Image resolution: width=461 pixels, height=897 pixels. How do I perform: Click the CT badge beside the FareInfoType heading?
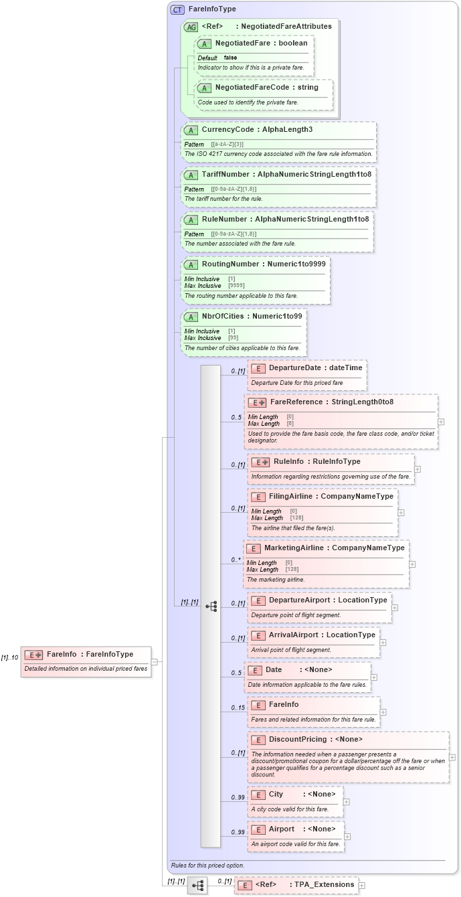pyautogui.click(x=177, y=9)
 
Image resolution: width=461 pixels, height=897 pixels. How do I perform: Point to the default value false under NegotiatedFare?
pyautogui.click(x=230, y=58)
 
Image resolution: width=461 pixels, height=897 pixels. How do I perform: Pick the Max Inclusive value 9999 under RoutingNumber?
pyautogui.click(x=232, y=286)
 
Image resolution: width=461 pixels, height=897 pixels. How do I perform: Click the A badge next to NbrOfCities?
pyautogui.click(x=191, y=317)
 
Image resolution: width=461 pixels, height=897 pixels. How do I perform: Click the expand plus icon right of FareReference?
pyautogui.click(x=441, y=422)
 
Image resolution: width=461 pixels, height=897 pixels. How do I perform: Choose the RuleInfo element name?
pyautogui.click(x=288, y=461)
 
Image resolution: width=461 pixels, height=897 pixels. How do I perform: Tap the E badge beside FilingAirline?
pyautogui.click(x=258, y=497)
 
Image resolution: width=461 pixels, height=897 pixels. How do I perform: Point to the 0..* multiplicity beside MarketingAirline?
pyautogui.click(x=236, y=560)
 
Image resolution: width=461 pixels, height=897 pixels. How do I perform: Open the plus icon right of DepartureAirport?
pyautogui.click(x=395, y=608)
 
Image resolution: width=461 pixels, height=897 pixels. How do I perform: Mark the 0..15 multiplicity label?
pyautogui.click(x=238, y=708)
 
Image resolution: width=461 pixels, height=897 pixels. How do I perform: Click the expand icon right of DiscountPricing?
pyautogui.click(x=452, y=758)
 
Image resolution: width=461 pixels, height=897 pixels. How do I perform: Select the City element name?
pyautogui.click(x=276, y=794)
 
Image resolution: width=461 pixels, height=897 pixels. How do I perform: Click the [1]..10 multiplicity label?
pyautogui.click(x=9, y=657)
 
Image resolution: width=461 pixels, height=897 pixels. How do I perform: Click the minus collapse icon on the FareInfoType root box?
pyautogui.click(x=154, y=662)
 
